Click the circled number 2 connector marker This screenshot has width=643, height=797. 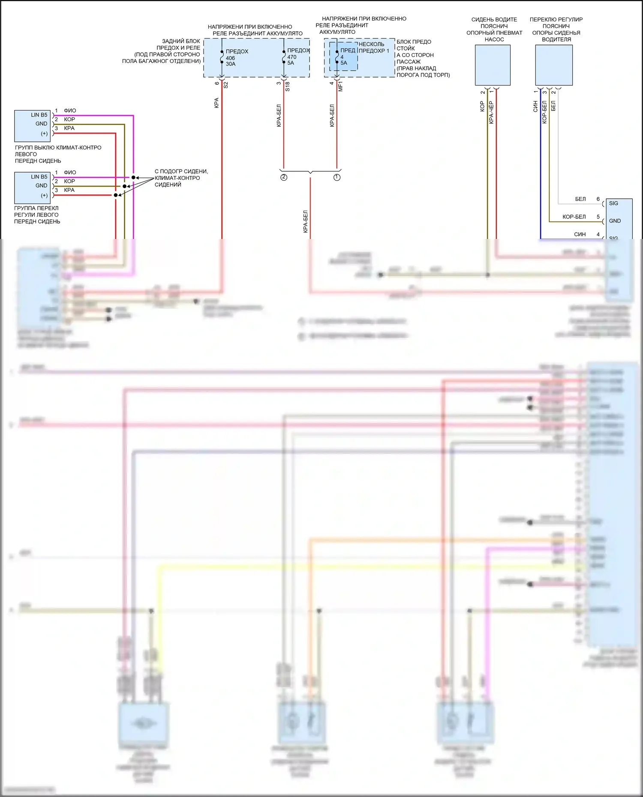(284, 177)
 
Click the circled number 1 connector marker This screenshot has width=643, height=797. (337, 177)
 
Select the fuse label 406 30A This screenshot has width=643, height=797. (231, 61)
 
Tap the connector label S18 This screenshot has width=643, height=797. (288, 86)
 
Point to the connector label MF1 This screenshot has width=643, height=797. (341, 86)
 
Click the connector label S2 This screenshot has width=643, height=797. (226, 85)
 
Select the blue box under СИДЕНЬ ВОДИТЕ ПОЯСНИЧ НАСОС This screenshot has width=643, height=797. (493, 65)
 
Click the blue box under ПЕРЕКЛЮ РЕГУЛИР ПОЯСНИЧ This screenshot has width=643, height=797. (554, 65)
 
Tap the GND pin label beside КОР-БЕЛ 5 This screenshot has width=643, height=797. (615, 221)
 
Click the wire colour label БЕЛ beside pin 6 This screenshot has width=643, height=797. (580, 199)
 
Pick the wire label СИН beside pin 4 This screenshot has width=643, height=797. (580, 234)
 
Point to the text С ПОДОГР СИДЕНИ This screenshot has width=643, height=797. (181, 171)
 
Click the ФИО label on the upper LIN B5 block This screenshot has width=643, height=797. (70, 111)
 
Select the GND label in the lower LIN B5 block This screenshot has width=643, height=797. (42, 186)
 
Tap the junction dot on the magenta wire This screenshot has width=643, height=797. (133, 177)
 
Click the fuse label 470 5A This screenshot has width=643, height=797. (291, 60)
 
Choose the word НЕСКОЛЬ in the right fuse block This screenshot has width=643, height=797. (371, 44)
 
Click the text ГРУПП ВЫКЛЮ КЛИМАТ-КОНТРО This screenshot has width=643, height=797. (58, 148)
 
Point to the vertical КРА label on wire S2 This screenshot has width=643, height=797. (216, 103)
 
